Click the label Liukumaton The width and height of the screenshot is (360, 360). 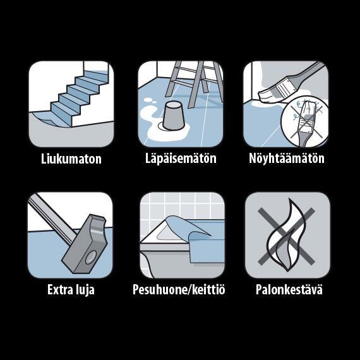tap(71, 159)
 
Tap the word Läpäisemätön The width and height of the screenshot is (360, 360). tap(181, 158)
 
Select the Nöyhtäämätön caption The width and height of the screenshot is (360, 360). tap(287, 158)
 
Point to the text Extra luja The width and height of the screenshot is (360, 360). tap(71, 289)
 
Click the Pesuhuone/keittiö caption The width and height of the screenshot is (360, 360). tap(179, 289)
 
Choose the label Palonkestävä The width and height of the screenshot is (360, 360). tap(289, 289)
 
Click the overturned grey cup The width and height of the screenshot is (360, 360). tap(174, 116)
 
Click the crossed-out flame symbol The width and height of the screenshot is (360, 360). tap(286, 235)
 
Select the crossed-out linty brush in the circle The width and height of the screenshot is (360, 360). tap(305, 121)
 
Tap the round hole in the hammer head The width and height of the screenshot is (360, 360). tap(91, 258)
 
